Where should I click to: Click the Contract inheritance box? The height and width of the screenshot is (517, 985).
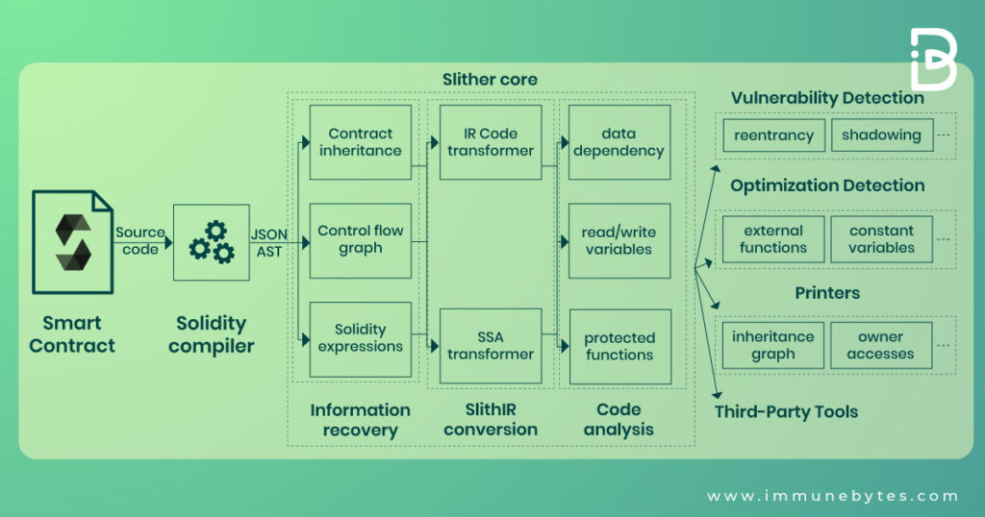pos(360,142)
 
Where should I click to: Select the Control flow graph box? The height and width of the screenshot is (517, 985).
pos(360,240)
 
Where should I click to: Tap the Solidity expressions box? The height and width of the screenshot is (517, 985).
pos(360,339)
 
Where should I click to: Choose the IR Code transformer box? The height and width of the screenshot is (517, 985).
pos(490,142)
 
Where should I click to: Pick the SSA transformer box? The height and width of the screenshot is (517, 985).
pos(490,345)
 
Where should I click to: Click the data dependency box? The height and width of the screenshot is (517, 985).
pos(619,142)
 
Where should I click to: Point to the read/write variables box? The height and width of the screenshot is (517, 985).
pos(619,240)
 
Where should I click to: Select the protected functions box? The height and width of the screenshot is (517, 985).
pos(619,346)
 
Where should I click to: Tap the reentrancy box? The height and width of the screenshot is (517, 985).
pos(773,135)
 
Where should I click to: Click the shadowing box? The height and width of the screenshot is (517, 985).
pos(881,135)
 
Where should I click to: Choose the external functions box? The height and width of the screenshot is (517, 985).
pos(773,239)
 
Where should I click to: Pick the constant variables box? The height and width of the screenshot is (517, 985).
pos(881,239)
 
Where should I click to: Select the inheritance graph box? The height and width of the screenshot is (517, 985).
pos(773,345)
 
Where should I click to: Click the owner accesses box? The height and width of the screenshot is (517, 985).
pos(881,345)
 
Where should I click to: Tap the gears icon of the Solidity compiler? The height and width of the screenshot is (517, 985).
pos(211,242)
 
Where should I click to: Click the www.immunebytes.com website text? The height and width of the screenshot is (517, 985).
pos(832,496)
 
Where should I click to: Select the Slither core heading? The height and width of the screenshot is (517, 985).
pos(490,79)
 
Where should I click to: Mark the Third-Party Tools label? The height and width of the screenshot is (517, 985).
pos(786,411)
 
